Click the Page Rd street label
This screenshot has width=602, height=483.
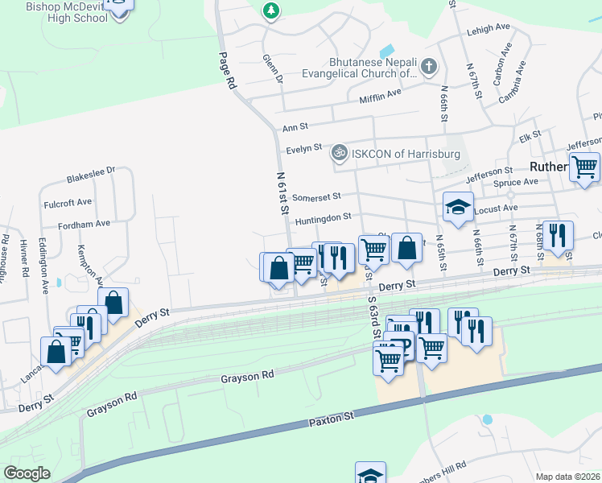pos(226,70)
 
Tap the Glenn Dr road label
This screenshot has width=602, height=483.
pos(273,69)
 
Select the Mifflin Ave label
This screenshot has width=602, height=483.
pos(380,94)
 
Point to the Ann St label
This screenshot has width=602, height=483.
pos(291,128)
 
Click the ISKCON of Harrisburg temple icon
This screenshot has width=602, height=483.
pos(340,151)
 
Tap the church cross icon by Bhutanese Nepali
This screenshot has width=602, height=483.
pos(429,67)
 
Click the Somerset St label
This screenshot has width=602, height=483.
pos(317,196)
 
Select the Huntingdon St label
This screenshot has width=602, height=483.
pos(323,217)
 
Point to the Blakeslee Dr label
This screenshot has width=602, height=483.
pos(92,171)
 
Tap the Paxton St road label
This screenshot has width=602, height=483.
pos(332,419)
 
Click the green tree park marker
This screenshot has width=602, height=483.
pos(272,10)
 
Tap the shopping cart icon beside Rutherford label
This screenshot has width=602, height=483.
pos(584,167)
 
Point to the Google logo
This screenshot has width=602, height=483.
pos(27,473)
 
